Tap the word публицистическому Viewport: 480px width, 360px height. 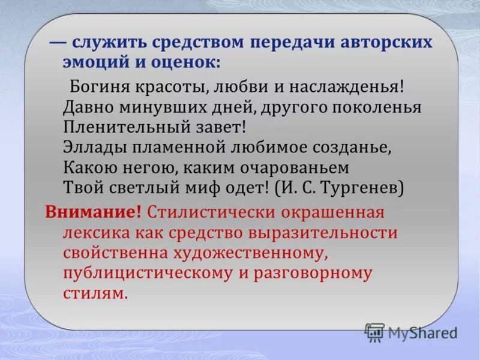coord(147,274)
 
